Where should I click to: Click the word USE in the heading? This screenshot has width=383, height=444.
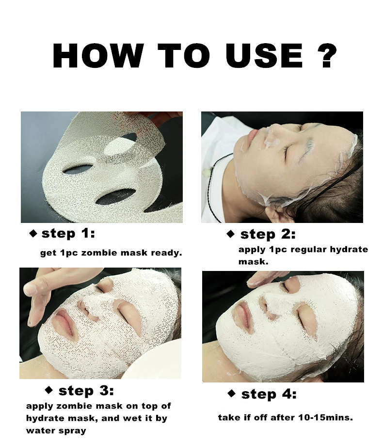click(x=264, y=56)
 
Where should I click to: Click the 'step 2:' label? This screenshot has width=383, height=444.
click(x=268, y=235)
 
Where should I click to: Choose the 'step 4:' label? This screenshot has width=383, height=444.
click(x=269, y=394)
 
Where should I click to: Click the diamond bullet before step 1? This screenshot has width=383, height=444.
click(x=33, y=234)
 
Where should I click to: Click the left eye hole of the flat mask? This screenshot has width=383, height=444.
click(x=78, y=169)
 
